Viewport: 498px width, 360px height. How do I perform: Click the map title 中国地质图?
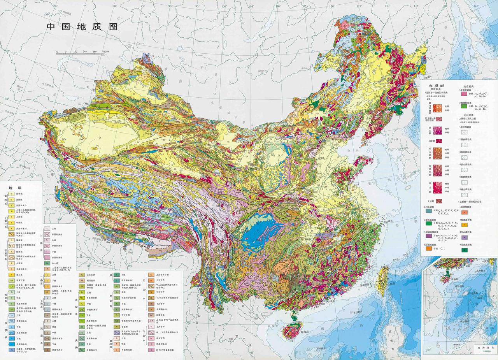coord(82,27)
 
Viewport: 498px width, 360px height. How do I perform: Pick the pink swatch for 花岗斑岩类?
coord(464,94)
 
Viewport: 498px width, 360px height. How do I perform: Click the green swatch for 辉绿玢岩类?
coord(464,106)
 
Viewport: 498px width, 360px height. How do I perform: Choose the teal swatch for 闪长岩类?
coord(429,211)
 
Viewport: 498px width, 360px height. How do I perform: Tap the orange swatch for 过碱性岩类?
coord(429,249)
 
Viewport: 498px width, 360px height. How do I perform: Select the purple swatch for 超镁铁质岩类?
coord(429,236)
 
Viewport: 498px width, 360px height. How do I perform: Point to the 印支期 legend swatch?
coord(439,141)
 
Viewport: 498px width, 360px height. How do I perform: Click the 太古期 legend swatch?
coord(439,201)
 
